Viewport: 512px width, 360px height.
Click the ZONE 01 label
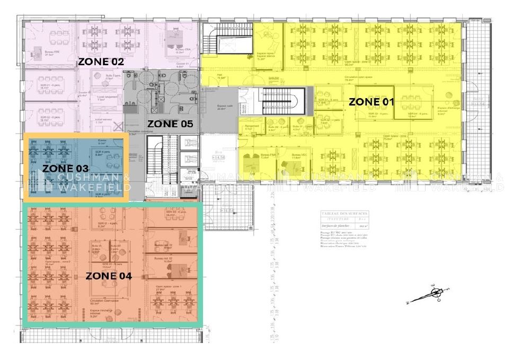point(372,102)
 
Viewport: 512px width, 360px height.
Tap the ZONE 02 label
point(101,62)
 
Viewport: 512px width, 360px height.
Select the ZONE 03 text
point(66,168)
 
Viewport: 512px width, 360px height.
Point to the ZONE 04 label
point(109,276)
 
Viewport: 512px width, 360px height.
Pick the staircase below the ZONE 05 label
point(156,159)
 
